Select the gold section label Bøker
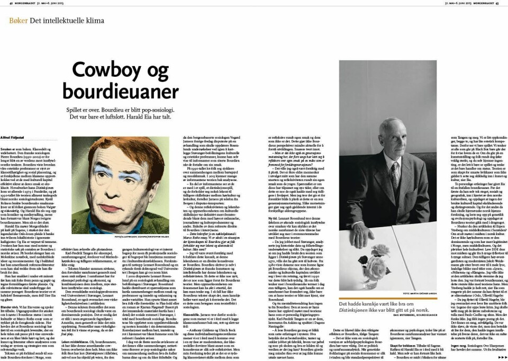click(19, 21)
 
